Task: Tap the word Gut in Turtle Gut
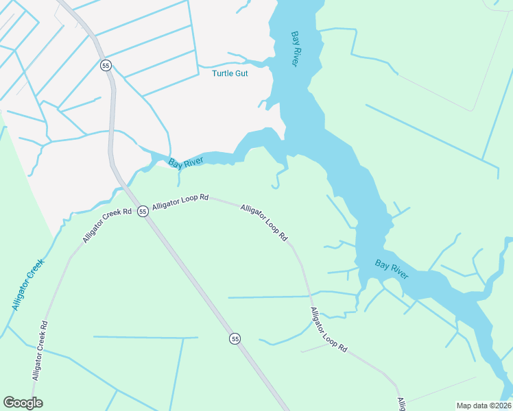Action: point(241,73)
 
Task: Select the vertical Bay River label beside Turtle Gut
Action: point(295,48)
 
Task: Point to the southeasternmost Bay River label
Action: point(392,269)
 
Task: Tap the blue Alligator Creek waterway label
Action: point(27,284)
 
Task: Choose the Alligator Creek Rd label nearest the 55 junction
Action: point(106,225)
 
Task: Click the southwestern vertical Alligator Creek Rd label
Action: point(39,351)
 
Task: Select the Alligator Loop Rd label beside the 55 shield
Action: point(180,201)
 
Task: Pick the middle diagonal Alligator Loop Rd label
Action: point(264,222)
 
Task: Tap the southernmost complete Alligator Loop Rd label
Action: point(329,329)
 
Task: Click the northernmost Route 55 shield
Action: point(106,65)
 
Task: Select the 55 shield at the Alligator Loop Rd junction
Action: point(143,211)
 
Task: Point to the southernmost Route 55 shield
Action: point(235,338)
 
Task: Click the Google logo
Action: point(23,403)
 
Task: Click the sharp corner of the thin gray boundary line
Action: point(473,109)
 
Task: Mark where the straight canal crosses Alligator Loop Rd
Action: point(310,296)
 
